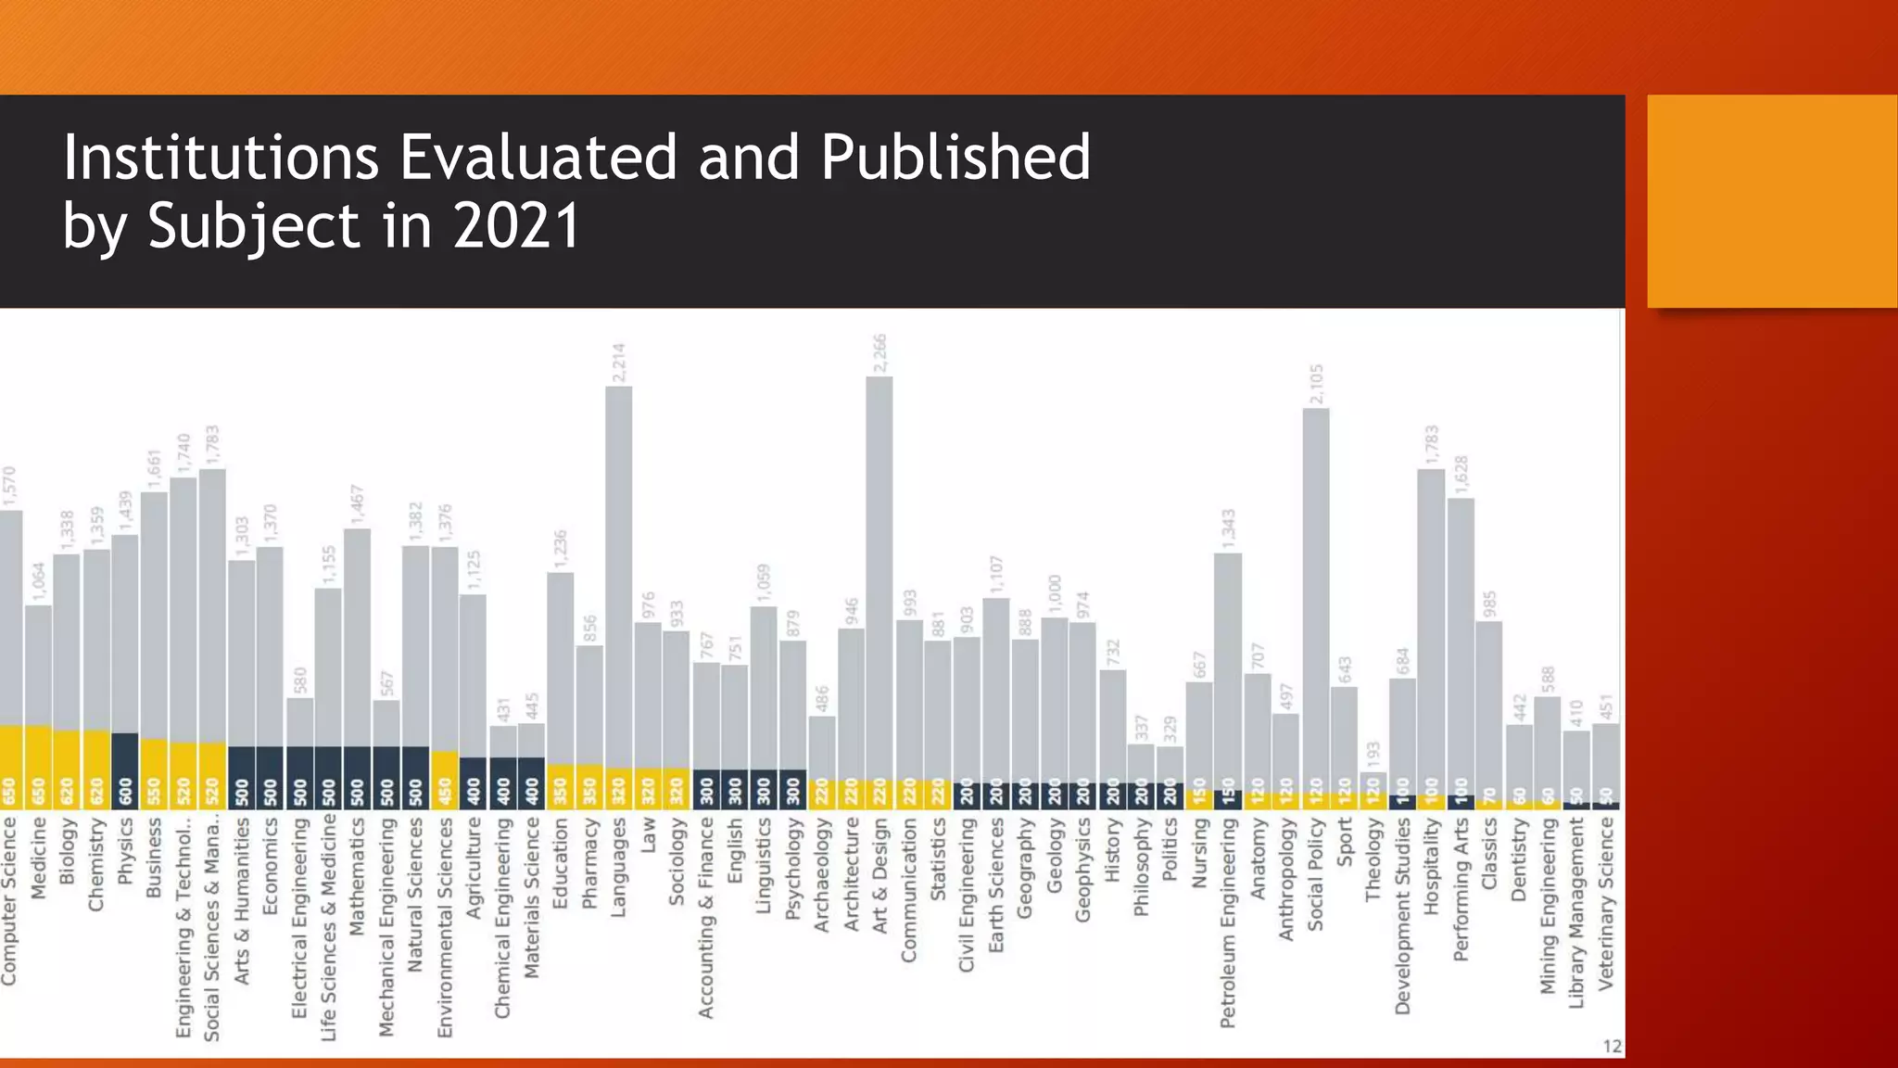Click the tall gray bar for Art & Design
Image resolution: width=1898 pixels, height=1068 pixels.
879,575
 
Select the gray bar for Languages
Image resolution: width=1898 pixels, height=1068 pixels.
618,575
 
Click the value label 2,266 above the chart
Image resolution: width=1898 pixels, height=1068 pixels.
879,354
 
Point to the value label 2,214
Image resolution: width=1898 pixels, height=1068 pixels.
619,363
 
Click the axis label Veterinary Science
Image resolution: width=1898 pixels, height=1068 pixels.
1606,904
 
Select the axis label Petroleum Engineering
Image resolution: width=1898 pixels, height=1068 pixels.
1228,922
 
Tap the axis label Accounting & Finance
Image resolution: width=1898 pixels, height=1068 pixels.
706,918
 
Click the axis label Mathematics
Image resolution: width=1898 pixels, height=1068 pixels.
357,875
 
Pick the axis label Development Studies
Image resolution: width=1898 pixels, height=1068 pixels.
1402,916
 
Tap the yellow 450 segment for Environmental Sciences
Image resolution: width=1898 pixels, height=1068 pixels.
444,779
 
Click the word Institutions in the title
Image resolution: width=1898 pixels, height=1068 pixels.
221,158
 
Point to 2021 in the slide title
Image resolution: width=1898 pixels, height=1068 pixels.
516,227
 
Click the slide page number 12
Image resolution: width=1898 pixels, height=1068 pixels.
1612,1046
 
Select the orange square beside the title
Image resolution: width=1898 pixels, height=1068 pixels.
1771,201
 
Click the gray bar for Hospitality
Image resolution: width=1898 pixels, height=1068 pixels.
1431,630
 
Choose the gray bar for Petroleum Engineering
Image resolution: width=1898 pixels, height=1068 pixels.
1228,667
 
